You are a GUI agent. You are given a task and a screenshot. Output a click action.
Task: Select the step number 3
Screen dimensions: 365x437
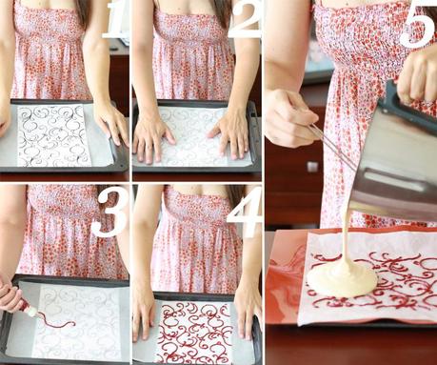coord(110,217)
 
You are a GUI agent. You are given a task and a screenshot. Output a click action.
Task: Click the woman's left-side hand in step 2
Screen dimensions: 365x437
coord(151,136)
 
